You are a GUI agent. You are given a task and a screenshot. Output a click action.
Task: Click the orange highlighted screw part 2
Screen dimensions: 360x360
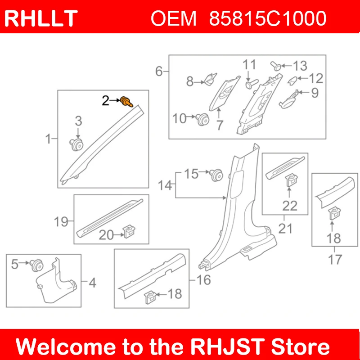(126, 102)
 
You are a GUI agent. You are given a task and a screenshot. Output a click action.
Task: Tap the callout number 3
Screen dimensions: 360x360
(78, 121)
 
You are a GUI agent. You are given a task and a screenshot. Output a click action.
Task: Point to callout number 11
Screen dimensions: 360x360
(249, 64)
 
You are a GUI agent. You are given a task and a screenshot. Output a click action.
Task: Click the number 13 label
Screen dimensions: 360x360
(300, 66)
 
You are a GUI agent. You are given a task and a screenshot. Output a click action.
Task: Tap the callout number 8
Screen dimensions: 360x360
(190, 82)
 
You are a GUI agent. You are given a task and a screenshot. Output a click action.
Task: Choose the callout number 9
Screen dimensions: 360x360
(314, 93)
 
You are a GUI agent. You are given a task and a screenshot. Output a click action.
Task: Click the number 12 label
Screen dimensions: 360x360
(316, 79)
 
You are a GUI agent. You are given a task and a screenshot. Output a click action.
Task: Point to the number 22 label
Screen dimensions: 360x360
(290, 205)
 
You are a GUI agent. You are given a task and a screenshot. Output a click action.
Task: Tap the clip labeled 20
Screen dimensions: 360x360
(130, 233)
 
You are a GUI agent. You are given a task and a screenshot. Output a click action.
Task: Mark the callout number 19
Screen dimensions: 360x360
(61, 221)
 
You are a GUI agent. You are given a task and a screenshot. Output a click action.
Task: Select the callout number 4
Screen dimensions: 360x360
(92, 283)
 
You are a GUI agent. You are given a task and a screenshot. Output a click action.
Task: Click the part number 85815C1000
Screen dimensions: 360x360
(268, 18)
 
